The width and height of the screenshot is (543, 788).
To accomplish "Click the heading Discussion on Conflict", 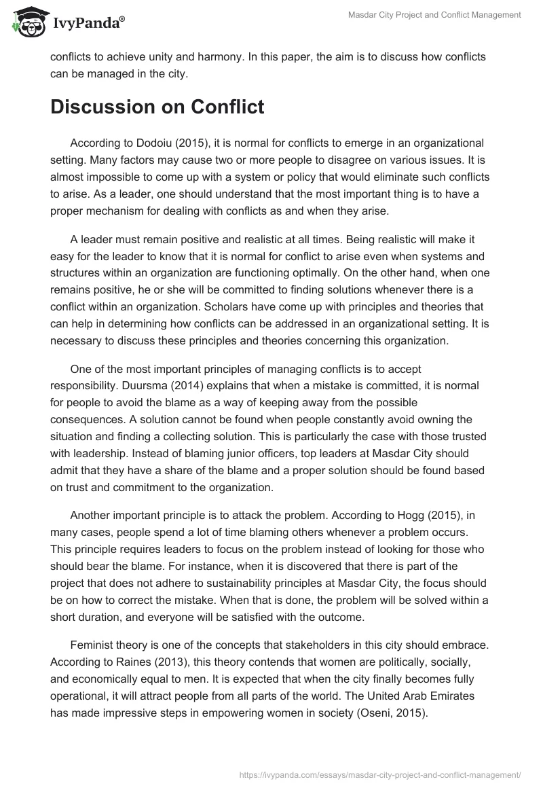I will pyautogui.click(x=157, y=107).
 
